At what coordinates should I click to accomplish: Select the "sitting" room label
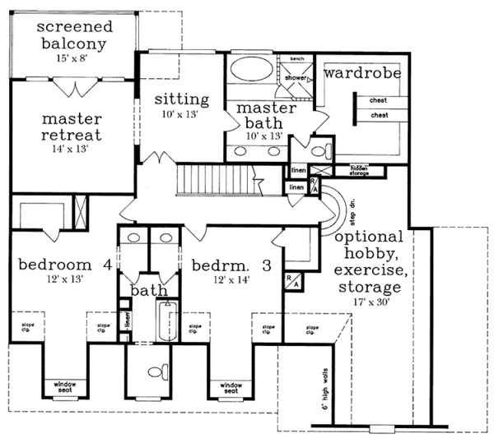(x=181, y=99)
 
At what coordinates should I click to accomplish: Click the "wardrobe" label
(x=361, y=73)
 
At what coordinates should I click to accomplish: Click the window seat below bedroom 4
(x=64, y=385)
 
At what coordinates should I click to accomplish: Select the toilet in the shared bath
(x=156, y=372)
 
